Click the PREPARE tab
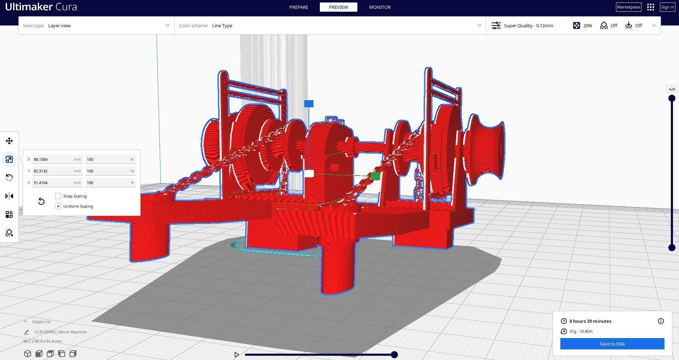(x=299, y=7)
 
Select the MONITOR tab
(x=380, y=7)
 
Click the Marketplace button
(x=628, y=7)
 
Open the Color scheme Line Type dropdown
(x=330, y=25)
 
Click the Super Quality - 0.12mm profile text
(x=528, y=25)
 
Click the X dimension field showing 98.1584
(x=53, y=159)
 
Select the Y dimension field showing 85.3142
(x=53, y=171)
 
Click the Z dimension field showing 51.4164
(x=53, y=183)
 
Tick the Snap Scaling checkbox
(x=58, y=196)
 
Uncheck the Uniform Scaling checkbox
(x=58, y=206)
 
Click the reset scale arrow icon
(x=41, y=201)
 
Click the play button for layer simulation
(x=237, y=354)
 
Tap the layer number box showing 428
(x=672, y=89)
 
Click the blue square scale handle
(x=309, y=104)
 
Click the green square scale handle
(x=375, y=176)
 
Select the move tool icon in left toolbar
(x=9, y=141)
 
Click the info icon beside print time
(x=661, y=321)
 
